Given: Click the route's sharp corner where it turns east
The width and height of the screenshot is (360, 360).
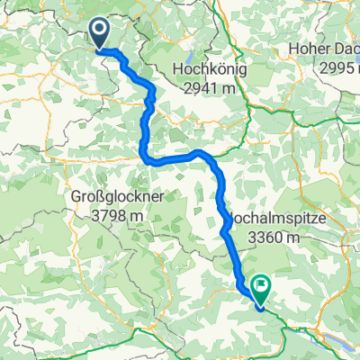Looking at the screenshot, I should point(145,159).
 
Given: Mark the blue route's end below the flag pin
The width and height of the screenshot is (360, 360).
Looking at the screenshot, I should point(261,305).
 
